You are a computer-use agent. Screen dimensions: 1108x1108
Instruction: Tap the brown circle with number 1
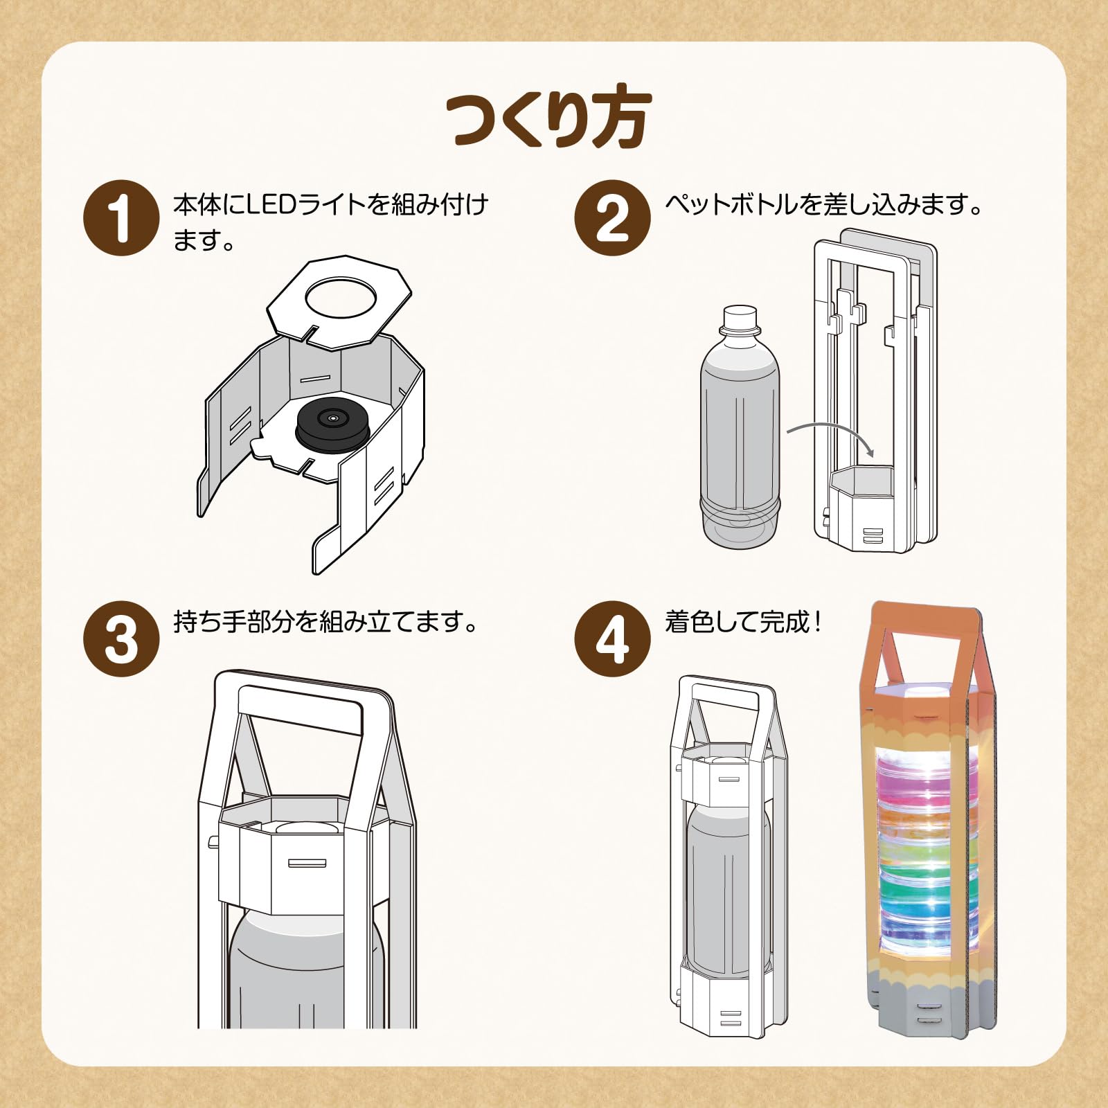121,218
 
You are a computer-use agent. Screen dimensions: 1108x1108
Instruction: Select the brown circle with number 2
612,218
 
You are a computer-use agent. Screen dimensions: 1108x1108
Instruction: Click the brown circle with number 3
121,638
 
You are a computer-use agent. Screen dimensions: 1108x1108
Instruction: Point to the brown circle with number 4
612,638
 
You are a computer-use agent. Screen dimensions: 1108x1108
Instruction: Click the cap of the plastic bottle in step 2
740,318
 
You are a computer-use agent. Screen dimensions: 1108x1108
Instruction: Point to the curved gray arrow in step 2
831,433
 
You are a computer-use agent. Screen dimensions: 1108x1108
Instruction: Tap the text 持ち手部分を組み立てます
325,622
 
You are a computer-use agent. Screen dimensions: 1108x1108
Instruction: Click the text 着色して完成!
743,622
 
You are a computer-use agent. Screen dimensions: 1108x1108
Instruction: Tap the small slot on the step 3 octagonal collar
307,863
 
